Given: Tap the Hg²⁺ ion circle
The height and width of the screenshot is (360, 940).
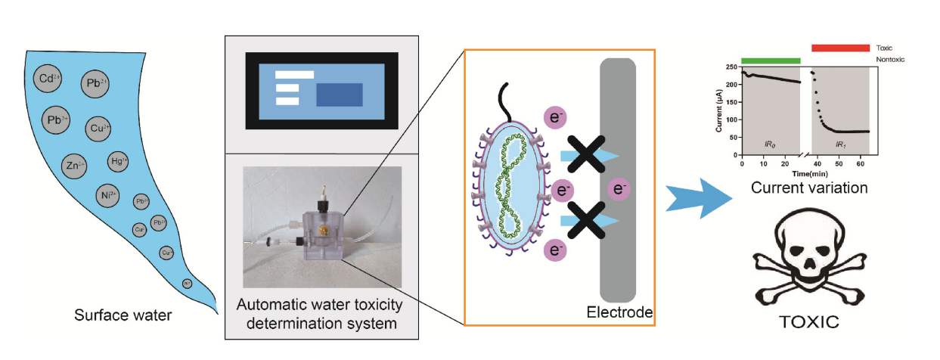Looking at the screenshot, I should coord(119,160).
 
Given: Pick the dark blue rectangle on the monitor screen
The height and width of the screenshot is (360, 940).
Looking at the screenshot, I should coord(339,95).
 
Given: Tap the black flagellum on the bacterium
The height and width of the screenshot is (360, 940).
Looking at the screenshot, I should coord(504,101).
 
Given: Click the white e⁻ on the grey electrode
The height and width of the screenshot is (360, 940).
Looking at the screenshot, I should coord(618,190).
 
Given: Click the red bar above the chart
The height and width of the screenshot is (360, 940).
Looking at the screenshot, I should coord(840,48).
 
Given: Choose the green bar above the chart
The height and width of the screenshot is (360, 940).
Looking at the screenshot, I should coord(770,60).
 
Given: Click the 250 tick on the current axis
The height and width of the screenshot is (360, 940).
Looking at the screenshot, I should coord(729,67).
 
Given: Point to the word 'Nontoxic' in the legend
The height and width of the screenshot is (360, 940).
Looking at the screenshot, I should coord(889,59).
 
